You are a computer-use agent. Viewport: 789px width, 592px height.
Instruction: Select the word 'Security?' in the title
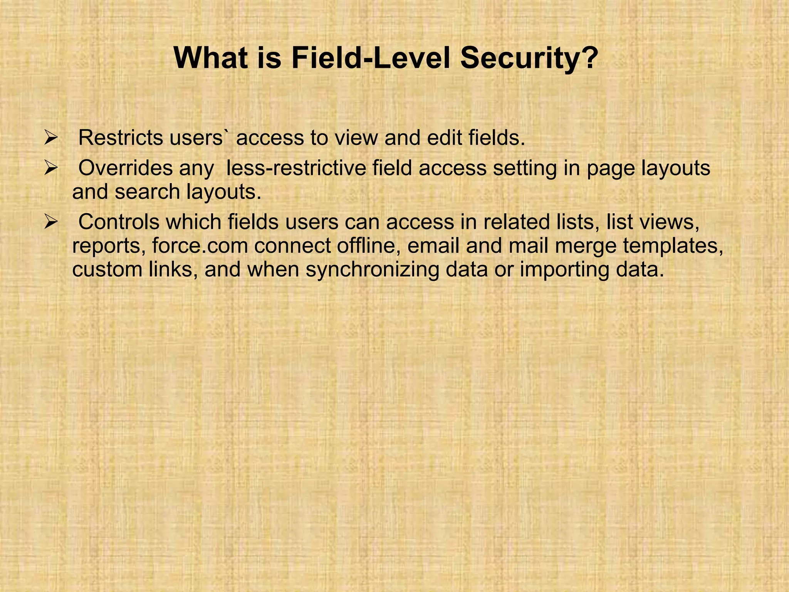point(529,59)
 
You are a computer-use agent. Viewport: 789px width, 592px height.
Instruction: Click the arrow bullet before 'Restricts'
point(50,138)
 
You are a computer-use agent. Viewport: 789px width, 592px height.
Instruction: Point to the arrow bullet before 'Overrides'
point(50,168)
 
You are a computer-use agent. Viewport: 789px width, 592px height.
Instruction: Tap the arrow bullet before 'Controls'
point(50,222)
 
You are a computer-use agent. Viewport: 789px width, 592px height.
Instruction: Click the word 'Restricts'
point(121,138)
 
